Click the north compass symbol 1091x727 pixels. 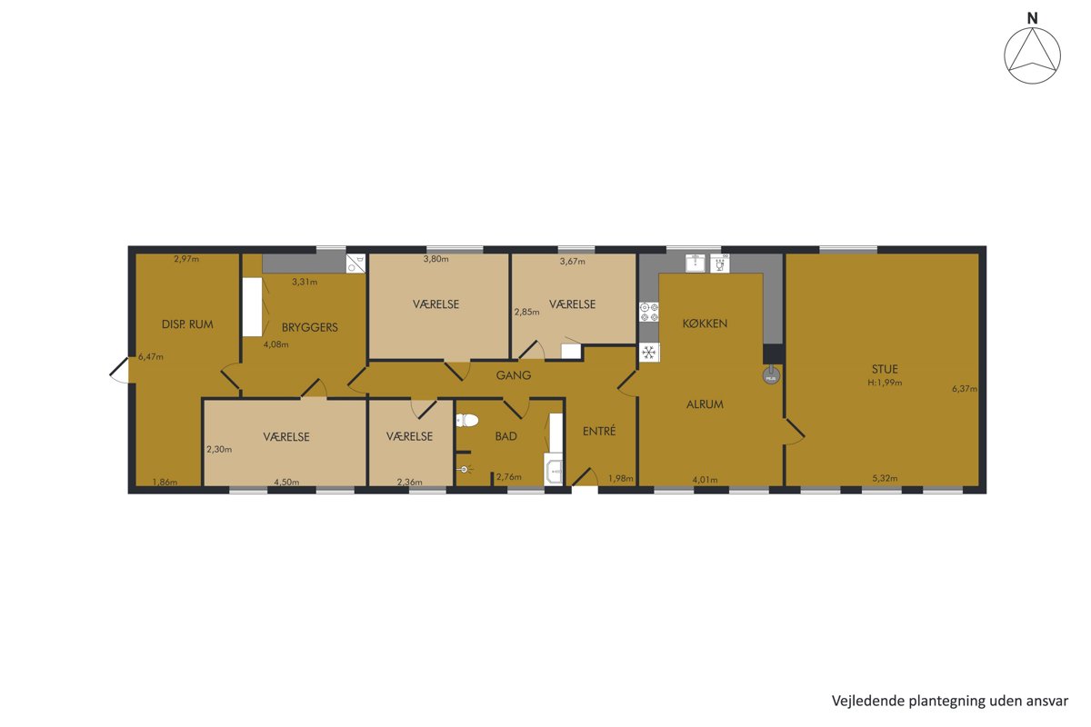pos(1032,55)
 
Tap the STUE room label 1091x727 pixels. pos(885,369)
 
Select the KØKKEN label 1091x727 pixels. pos(705,324)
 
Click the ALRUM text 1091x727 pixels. pos(705,404)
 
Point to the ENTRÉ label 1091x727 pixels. pos(599,431)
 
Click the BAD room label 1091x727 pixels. pos(505,436)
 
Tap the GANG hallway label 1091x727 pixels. pos(514,375)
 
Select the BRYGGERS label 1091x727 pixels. pos(310,327)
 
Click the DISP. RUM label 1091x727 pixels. pos(187,324)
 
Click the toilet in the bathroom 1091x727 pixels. pos(466,420)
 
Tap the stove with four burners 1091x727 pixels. pos(649,312)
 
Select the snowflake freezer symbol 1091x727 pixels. pos(649,352)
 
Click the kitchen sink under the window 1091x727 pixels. pos(695,263)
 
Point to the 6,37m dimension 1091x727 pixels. pos(965,389)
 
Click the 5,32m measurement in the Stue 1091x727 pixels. pos(885,478)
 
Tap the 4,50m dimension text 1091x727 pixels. pos(286,482)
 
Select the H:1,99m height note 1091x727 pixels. pos(885,383)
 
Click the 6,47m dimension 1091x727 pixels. pos(151,357)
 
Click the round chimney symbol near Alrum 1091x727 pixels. pos(771,376)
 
